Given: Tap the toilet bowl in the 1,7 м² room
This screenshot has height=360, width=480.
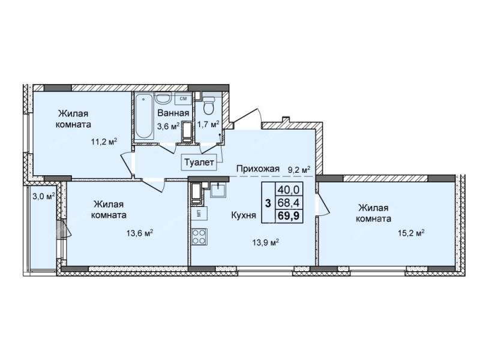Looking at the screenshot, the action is pos(209,106).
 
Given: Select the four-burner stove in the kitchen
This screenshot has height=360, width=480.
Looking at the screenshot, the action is pos(199,236).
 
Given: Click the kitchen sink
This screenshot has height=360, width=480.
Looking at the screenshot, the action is pos(218,189).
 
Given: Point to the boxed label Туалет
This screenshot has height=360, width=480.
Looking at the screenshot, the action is pos(199,162).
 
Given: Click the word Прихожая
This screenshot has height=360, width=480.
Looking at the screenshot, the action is pos(258,169).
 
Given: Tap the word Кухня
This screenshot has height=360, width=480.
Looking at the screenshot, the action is pos(244,215).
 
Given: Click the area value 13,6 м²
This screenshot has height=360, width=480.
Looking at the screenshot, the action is pos(140,233).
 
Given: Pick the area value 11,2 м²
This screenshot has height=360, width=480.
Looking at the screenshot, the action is pos(104,142).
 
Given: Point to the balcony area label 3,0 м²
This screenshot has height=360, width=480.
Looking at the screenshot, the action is pos(43,196).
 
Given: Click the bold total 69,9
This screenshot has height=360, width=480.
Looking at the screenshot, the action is pos(289,216).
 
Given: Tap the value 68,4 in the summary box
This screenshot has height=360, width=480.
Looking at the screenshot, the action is pos(289,202).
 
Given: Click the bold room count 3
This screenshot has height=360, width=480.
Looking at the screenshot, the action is pos(268,203).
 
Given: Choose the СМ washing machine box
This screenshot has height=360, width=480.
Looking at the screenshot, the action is pos(184,98).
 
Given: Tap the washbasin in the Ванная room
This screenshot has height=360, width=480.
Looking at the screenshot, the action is pos(163,98).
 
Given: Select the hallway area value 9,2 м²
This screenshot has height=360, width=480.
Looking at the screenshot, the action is pos(299,169).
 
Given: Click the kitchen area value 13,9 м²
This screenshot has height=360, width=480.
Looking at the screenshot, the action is pos(265,243).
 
